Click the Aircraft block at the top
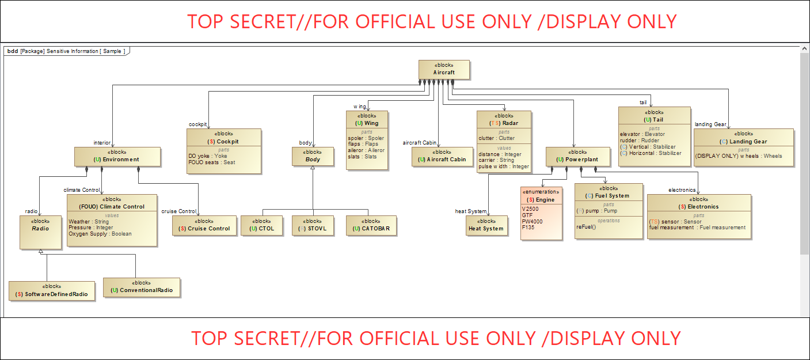[x=444, y=69]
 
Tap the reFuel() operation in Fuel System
[x=588, y=227]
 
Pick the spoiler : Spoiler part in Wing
[x=366, y=138]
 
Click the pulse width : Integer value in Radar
[x=503, y=166]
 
